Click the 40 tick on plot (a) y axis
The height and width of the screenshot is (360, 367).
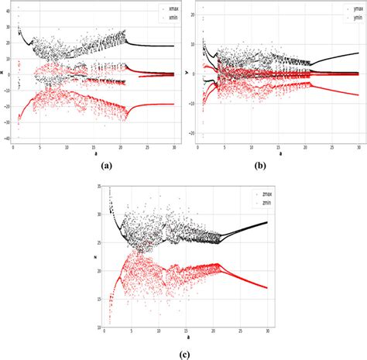pyautogui.click(x=7, y=5)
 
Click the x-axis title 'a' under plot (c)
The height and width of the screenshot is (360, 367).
pyautogui.click(x=186, y=338)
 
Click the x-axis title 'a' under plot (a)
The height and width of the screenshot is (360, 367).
pyautogui.click(x=94, y=153)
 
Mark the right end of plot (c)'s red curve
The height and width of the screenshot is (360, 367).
pyautogui.click(x=267, y=288)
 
